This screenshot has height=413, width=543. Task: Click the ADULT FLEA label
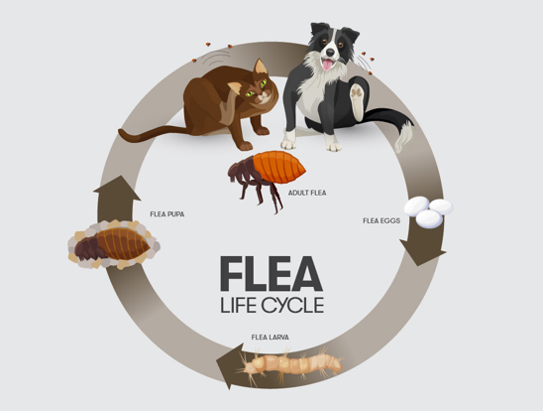[x=307, y=193]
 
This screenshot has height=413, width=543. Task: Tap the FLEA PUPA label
[x=167, y=214]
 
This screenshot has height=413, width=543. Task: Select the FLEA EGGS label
[x=381, y=220]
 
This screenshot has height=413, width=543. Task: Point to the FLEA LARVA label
[x=271, y=337]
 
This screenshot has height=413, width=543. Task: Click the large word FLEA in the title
[x=271, y=274]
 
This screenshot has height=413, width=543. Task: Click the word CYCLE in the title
[x=292, y=305]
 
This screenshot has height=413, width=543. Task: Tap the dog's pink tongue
[x=327, y=65]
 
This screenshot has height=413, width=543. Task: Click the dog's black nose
[x=330, y=53]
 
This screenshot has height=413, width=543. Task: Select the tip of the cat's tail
[x=121, y=132]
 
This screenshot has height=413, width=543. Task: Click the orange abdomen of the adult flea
[x=279, y=167]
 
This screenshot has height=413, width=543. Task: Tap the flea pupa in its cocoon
[x=114, y=244]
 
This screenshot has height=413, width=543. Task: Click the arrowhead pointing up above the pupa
[x=117, y=189]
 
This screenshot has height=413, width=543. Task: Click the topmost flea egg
[x=416, y=206]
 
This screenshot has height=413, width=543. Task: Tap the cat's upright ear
[x=260, y=67]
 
